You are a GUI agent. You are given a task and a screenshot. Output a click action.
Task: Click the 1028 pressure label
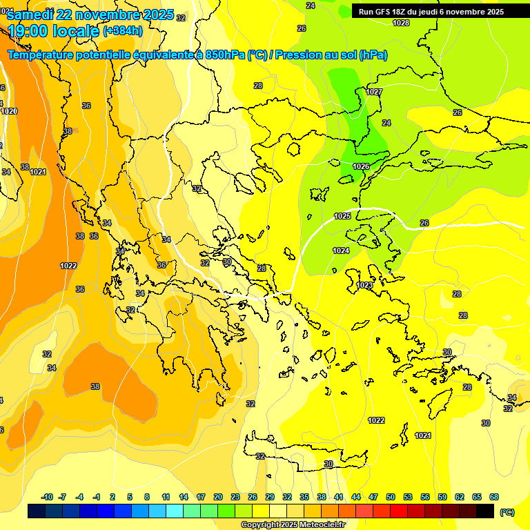point(400,23)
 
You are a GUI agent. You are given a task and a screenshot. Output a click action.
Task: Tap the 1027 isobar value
point(374,92)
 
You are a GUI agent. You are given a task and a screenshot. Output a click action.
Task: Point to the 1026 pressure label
point(361,166)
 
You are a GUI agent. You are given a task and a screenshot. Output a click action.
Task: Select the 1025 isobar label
point(342,216)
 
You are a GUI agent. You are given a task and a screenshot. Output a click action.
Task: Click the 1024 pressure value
point(341,251)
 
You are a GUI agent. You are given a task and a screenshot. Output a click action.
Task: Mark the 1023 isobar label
point(365,285)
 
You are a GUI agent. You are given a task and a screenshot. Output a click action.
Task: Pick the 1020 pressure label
point(9,111)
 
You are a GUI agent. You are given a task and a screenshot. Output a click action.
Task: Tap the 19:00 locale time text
point(52,31)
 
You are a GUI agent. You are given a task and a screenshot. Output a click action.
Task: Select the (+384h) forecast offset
point(123,31)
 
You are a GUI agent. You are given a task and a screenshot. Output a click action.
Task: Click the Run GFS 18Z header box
point(431,12)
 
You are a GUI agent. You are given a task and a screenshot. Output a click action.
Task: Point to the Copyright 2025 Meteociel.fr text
point(293,524)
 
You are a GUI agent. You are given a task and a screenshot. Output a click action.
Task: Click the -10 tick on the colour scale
point(47,497)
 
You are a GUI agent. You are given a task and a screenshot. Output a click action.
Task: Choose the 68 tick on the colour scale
point(493,497)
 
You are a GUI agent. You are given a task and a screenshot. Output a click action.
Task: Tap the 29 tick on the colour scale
point(269,497)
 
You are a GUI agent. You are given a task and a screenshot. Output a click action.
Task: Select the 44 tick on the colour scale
point(355,497)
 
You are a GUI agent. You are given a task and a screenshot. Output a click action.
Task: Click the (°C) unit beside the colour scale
point(507,512)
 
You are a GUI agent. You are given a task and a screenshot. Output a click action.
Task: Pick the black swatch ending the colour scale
point(485,511)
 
